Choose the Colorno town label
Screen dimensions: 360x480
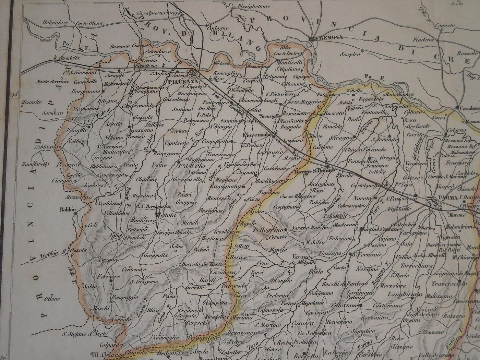(456, 131)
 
